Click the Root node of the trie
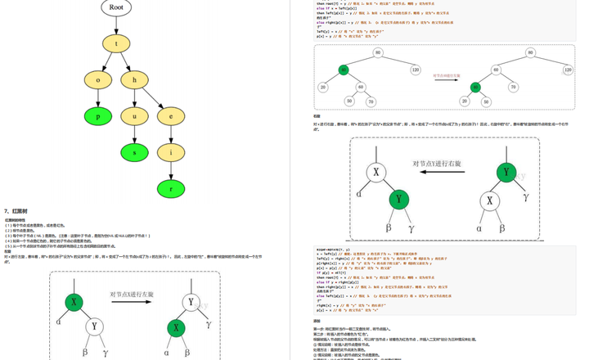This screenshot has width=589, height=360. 116,7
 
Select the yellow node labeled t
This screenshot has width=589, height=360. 116,43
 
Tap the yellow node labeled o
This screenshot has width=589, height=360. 98,80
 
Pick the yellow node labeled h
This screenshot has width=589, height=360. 135,80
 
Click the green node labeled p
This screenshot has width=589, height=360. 98,116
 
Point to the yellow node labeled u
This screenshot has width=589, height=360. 135,116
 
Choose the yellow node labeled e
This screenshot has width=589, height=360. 171,116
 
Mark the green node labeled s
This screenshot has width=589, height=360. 135,152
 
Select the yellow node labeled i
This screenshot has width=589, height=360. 171,152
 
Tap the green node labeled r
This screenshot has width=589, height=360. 171,188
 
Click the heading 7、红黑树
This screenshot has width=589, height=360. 18,211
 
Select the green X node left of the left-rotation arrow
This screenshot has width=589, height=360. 74,303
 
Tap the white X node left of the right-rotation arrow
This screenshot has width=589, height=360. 377,173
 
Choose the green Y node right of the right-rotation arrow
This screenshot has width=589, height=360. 507,172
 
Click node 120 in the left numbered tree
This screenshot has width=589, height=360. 416,70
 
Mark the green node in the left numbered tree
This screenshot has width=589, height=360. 343,70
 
